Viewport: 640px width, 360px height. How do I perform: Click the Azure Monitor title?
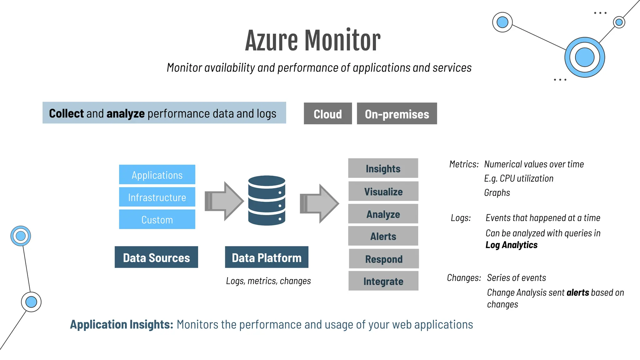coord(313,40)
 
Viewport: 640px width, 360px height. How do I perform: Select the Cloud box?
coord(328,114)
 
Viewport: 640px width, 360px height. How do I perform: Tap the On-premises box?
coord(397,114)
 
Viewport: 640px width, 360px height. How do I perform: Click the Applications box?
coord(157,175)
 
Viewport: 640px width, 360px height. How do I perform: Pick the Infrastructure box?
coord(157,197)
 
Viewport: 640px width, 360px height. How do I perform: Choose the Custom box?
coord(157,219)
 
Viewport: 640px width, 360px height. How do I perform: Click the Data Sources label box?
coord(156,257)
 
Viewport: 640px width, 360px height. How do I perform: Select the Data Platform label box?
coord(267,257)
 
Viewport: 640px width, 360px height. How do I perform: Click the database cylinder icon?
coord(267,200)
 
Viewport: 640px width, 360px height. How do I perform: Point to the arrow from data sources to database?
coord(224,201)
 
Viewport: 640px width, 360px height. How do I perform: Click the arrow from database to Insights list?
coord(319,203)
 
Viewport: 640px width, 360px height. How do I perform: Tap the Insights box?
coord(383,168)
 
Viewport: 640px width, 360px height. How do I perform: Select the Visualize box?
coord(383,191)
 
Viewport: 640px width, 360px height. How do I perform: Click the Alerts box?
coord(383,236)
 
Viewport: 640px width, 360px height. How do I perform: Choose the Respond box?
coord(384,259)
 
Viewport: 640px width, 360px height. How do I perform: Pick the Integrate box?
coord(383,281)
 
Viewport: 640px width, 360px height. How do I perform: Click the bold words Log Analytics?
coord(511,245)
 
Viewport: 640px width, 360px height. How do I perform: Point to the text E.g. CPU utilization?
coord(519,178)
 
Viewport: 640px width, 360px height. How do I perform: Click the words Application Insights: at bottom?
coord(122,324)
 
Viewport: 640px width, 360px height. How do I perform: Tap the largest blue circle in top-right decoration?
coord(584,57)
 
